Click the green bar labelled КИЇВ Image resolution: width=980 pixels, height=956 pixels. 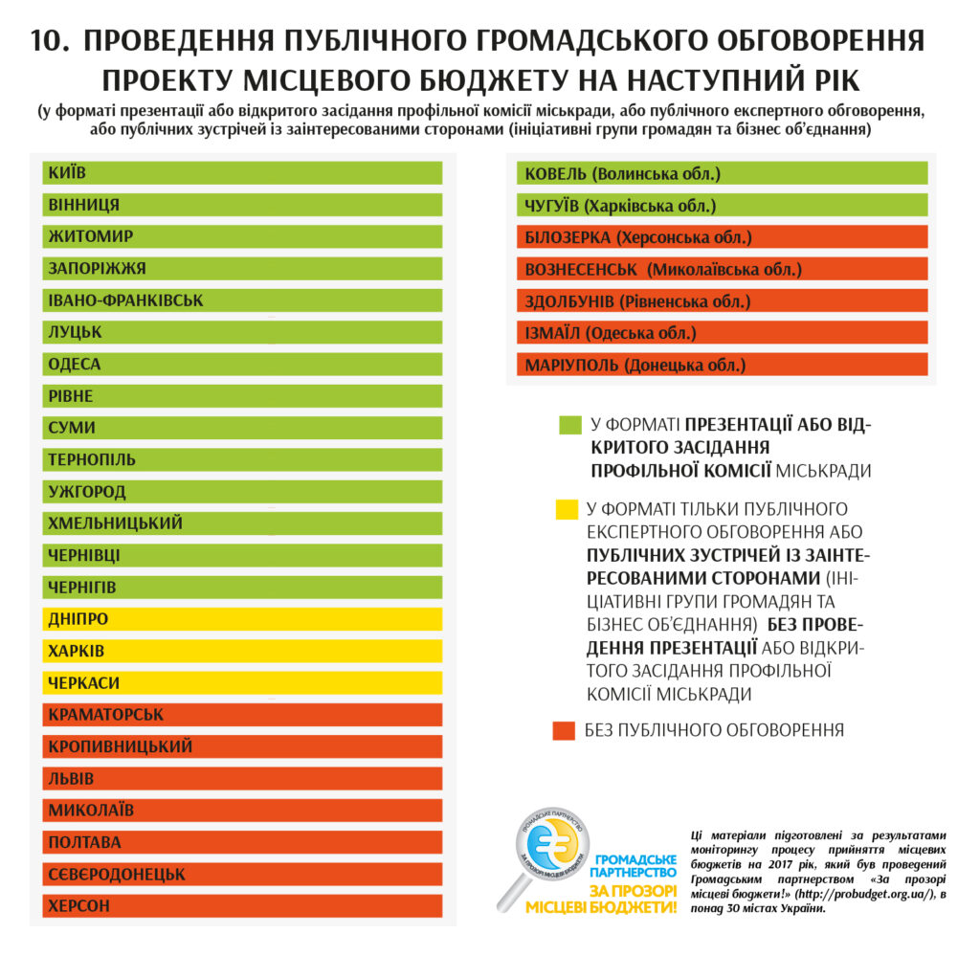(x=242, y=173)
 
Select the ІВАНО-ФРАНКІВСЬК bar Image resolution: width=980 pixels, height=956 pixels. (x=242, y=300)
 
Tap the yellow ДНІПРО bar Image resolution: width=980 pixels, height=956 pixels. (x=242, y=619)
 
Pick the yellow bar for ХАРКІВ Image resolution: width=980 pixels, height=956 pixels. (x=242, y=651)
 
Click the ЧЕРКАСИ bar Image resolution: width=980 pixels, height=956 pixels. (x=242, y=683)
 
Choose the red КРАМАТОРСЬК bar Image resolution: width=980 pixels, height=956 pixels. (x=242, y=715)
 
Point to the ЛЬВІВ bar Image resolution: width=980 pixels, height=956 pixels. (x=242, y=779)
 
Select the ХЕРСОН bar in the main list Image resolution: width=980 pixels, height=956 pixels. (x=242, y=905)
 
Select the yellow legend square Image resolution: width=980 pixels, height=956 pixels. (x=568, y=509)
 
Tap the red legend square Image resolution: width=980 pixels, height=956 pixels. (x=565, y=730)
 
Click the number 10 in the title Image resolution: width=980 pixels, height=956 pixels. (x=49, y=41)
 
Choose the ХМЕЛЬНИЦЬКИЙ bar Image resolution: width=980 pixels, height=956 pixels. (x=242, y=523)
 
